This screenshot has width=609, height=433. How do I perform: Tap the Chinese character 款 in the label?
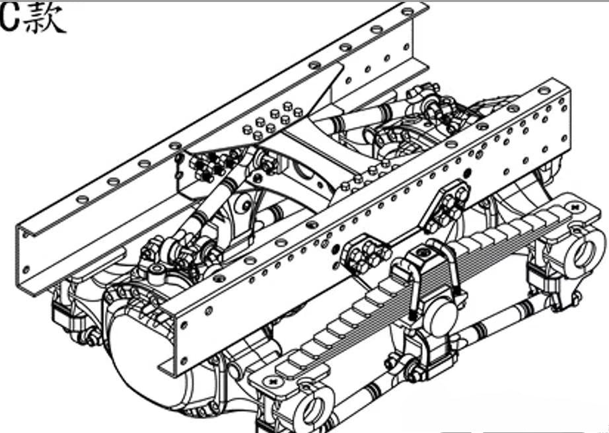[44, 19]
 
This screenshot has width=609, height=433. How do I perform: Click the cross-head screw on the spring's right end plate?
[575, 208]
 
